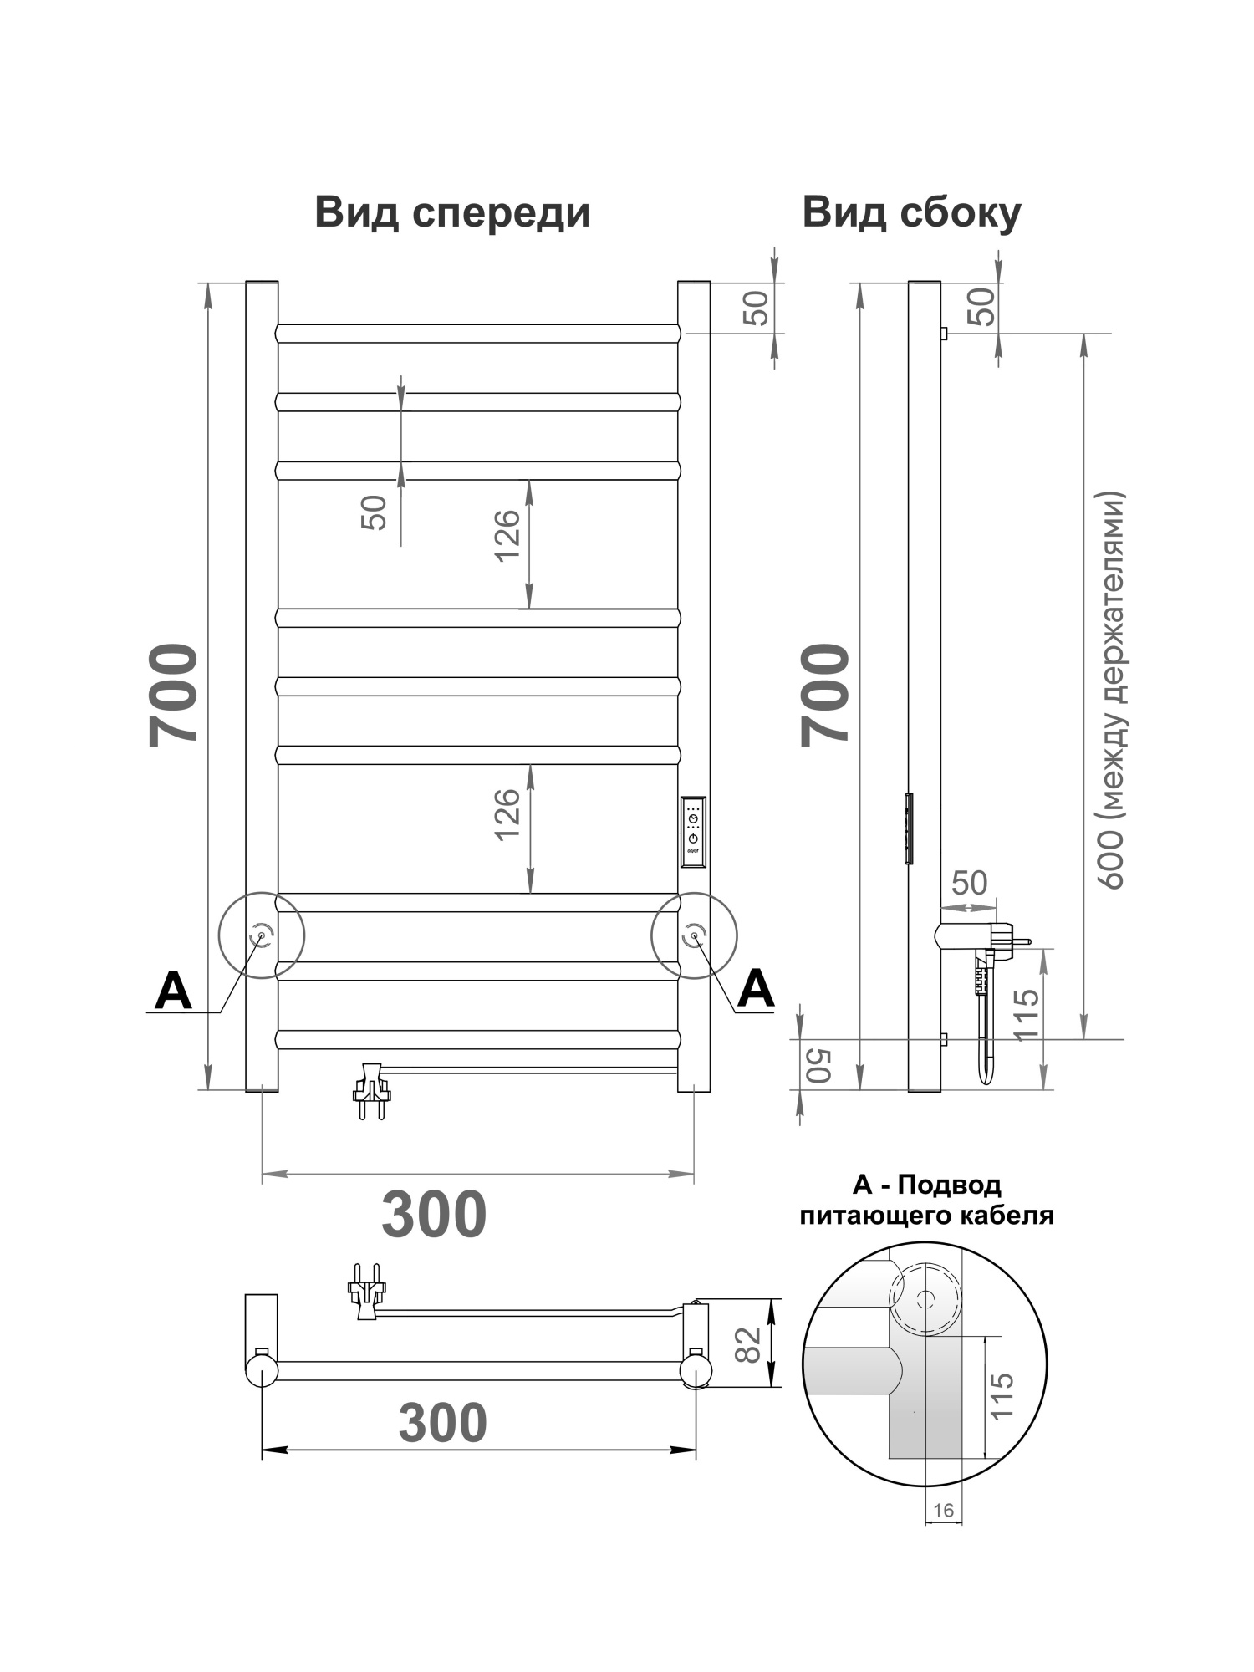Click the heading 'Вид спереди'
click(452, 213)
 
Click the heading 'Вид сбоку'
click(911, 213)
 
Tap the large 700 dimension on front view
click(174, 694)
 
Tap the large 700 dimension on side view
click(825, 694)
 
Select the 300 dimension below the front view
click(434, 1215)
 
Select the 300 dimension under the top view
click(442, 1422)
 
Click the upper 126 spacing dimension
click(507, 535)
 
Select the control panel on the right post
click(694, 832)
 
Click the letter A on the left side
click(174, 991)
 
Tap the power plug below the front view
click(372, 1091)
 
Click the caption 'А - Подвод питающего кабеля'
click(926, 1200)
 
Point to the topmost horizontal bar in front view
click(477, 334)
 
